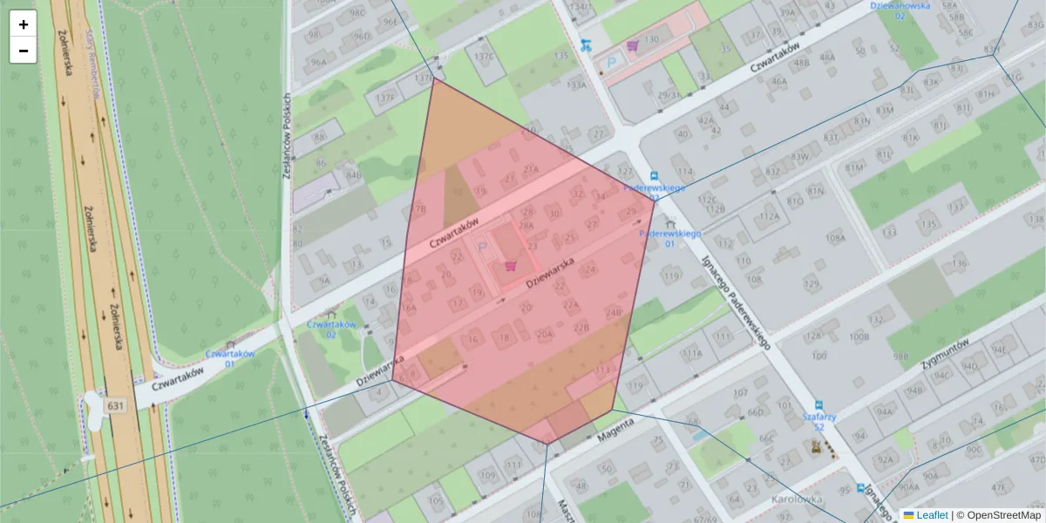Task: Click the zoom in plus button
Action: click(x=24, y=24)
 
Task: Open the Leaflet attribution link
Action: click(x=931, y=515)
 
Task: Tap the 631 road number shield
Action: click(x=115, y=406)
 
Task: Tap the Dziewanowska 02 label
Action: click(x=900, y=10)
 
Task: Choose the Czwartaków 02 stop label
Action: click(x=331, y=329)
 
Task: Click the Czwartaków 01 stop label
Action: click(x=229, y=358)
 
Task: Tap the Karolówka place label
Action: click(x=798, y=499)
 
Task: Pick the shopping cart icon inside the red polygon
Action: click(x=511, y=266)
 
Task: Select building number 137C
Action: click(x=484, y=57)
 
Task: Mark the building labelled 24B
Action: click(x=614, y=312)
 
